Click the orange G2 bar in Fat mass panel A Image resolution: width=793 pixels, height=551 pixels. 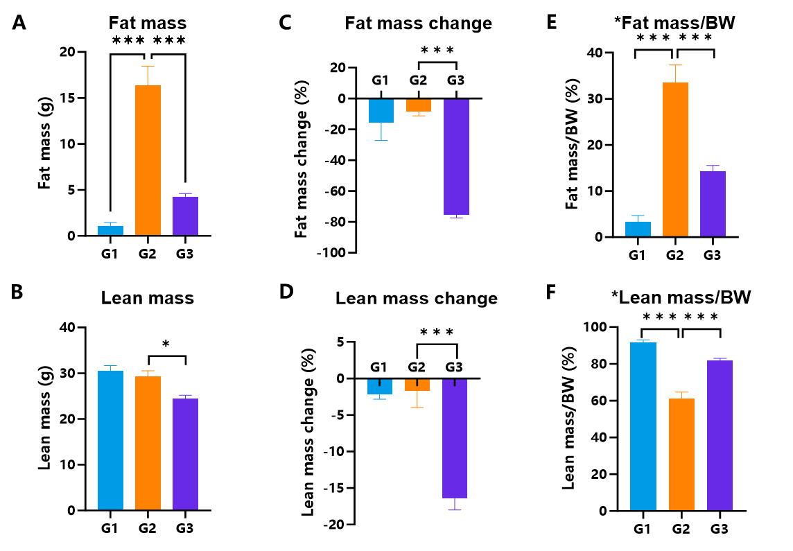coord(148,160)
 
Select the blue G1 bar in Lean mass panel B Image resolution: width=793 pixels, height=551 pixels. coord(110,440)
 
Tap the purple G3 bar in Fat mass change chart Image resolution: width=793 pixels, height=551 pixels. coord(456,157)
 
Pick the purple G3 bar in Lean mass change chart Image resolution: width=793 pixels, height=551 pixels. coord(455,438)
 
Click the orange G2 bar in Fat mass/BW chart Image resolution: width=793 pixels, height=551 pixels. coord(675,159)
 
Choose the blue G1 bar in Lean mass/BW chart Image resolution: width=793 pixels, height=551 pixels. coord(643,427)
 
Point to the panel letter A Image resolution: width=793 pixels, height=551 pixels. coord(19,23)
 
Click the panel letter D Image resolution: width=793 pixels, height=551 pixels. coord(286,292)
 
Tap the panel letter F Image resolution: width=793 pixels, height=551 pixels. coord(551,292)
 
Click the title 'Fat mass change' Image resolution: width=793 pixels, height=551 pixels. coord(418,24)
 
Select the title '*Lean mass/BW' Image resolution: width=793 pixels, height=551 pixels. coord(681,297)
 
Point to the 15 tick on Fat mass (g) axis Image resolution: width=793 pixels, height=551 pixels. coord(67,98)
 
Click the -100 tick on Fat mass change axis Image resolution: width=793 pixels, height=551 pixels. coord(331,253)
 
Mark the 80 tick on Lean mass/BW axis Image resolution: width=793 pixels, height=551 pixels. coord(600,364)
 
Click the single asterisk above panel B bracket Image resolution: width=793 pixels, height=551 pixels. coord(166,345)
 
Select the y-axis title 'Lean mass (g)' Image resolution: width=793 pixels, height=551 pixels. coord(44,418)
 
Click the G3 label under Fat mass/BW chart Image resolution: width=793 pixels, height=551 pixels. coord(712,255)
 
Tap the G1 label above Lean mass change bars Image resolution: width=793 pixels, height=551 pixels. coord(378,367)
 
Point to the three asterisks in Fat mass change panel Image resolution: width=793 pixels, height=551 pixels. coord(437,51)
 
